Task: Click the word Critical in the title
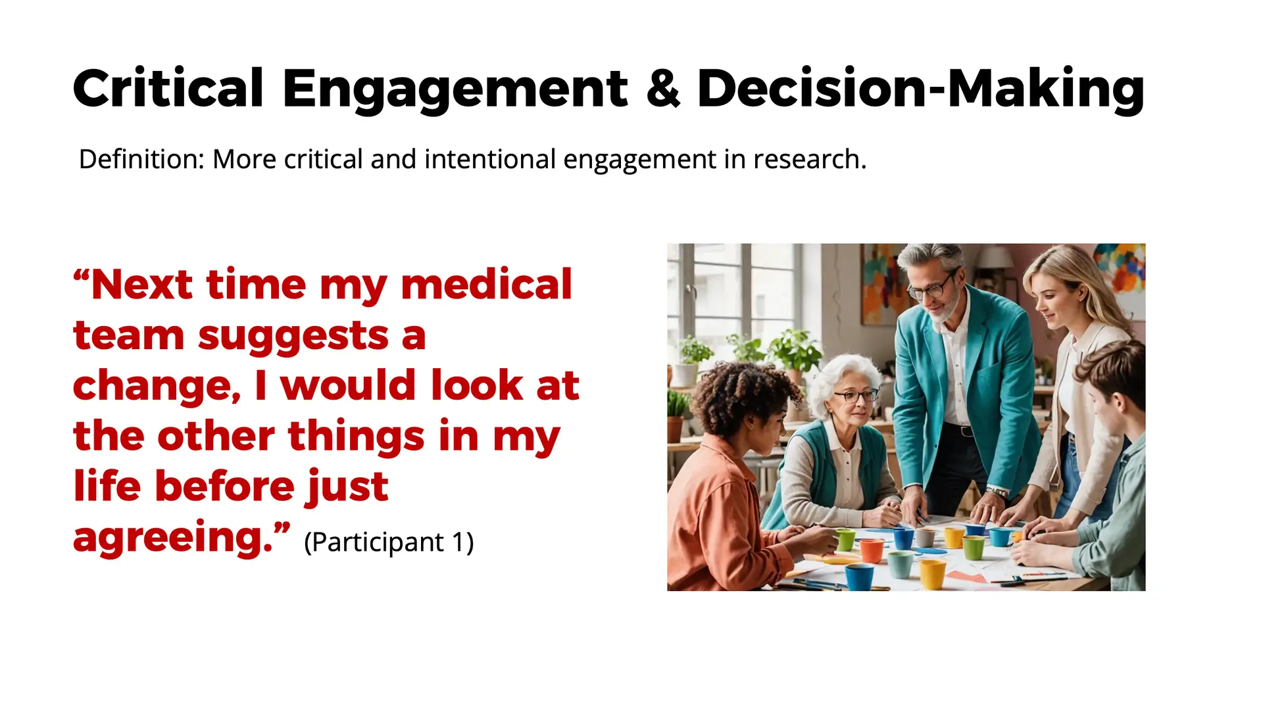point(168,88)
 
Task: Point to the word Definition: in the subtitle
point(142,159)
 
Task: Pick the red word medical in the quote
point(486,285)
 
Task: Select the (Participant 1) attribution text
point(389,542)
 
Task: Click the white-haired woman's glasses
point(855,396)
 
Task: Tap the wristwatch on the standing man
point(997,492)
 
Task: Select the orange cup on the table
point(872,550)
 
